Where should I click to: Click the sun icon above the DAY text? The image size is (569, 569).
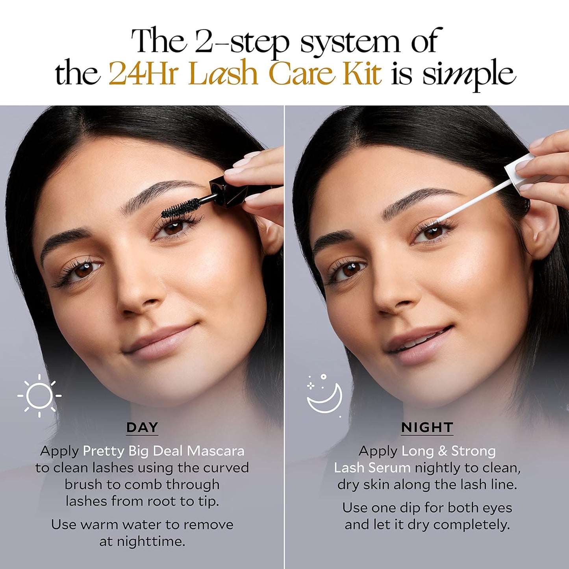point(39,395)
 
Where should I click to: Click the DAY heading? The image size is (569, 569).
point(142,427)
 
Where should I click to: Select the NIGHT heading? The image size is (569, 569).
point(427,427)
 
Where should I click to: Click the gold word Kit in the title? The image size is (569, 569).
point(362,73)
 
